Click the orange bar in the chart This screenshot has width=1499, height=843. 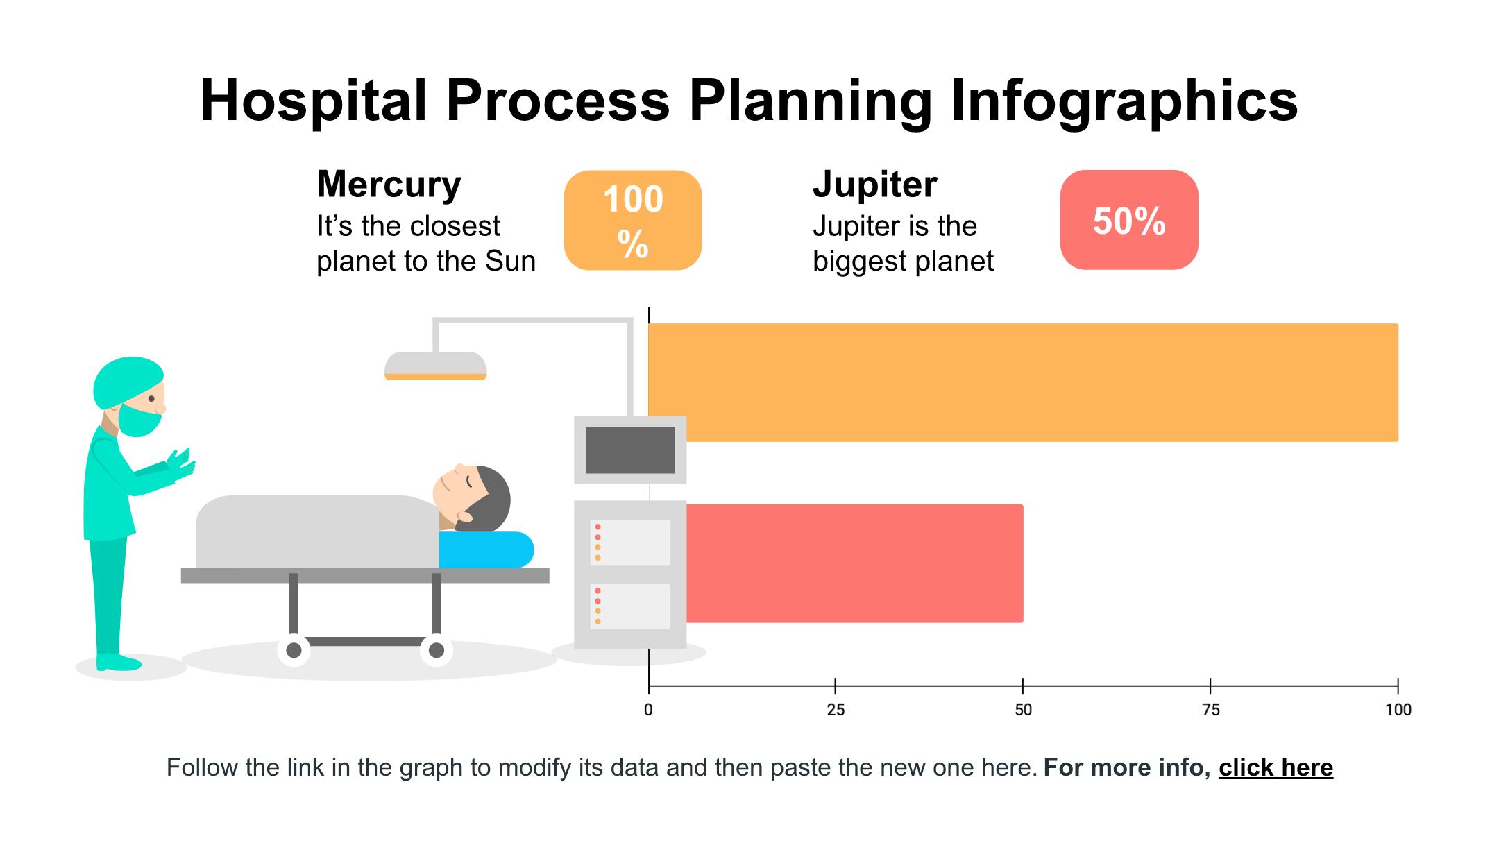(x=1023, y=382)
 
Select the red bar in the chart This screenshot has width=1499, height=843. (x=854, y=563)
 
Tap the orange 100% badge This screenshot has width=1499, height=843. (x=633, y=220)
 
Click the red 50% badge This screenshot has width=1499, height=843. (x=1129, y=220)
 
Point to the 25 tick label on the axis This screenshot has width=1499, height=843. (x=836, y=710)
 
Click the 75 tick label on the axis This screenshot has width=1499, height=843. (x=1210, y=710)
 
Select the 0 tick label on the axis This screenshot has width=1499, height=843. (x=648, y=710)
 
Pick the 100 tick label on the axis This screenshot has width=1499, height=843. (x=1398, y=710)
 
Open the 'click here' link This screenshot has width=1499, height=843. (x=1276, y=767)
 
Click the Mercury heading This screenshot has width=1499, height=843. (x=389, y=185)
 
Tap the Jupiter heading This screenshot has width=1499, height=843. (x=874, y=185)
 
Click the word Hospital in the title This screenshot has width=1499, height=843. (x=313, y=101)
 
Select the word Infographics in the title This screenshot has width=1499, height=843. (x=1124, y=101)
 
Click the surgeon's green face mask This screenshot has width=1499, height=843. (x=139, y=419)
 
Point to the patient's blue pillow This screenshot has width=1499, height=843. (x=486, y=550)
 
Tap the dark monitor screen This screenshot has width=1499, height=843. (x=630, y=450)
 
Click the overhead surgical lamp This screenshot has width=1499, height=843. (x=436, y=366)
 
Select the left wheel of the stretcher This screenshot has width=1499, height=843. (x=294, y=650)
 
